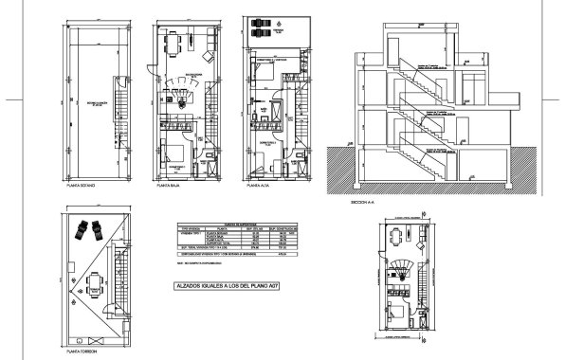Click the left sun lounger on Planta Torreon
pyautogui.click(x=82, y=226)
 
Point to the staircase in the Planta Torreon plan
pyautogui.click(x=119, y=284)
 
